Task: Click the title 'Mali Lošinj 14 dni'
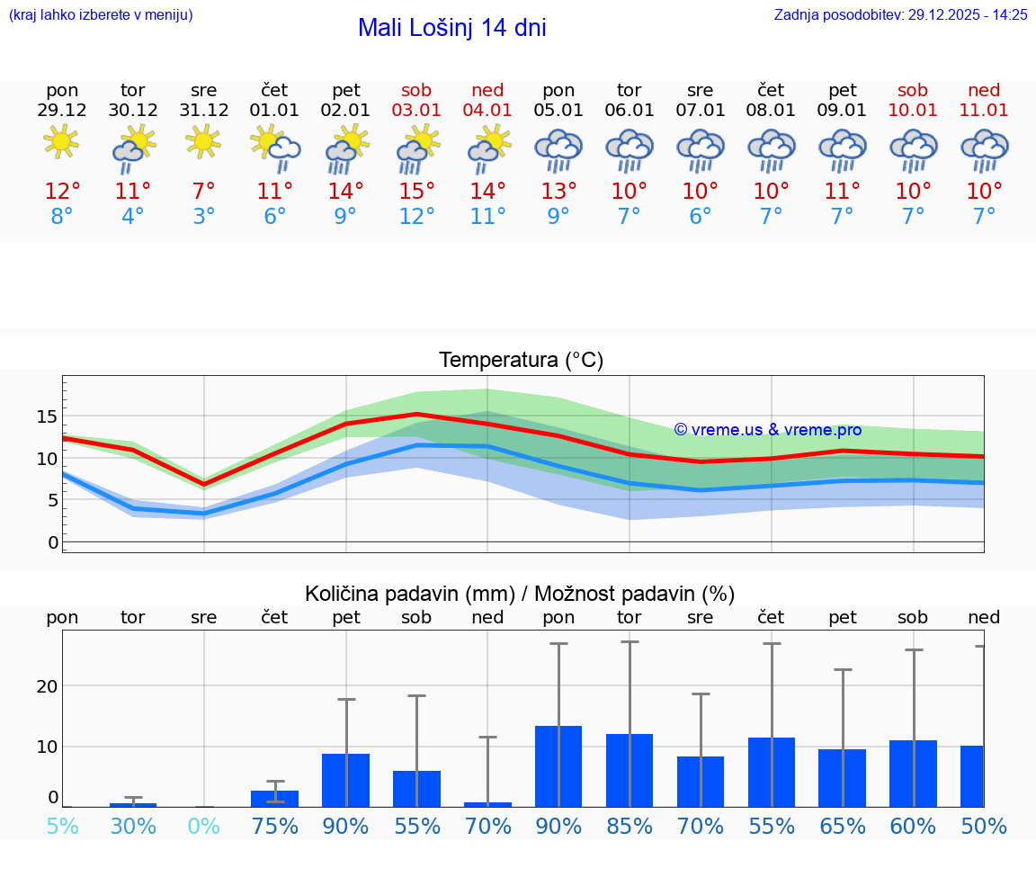coord(451,28)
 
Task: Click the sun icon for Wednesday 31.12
coord(204,142)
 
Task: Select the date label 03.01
coord(416,111)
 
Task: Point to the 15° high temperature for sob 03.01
coord(416,192)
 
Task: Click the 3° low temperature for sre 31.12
coord(204,217)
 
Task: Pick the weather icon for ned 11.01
coord(984,149)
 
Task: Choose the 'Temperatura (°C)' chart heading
coord(521,361)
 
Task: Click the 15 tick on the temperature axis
coord(48,416)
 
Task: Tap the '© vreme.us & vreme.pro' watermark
coord(767,430)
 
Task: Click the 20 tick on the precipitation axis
coord(48,686)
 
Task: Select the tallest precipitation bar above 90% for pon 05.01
coord(558,766)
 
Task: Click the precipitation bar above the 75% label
coord(274,799)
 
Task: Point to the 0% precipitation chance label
coord(204,827)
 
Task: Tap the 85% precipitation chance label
coord(630,827)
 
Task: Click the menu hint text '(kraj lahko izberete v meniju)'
coord(101,14)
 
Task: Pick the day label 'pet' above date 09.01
coord(843,90)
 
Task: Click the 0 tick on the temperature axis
coord(53,542)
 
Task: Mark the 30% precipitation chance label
coord(133,827)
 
